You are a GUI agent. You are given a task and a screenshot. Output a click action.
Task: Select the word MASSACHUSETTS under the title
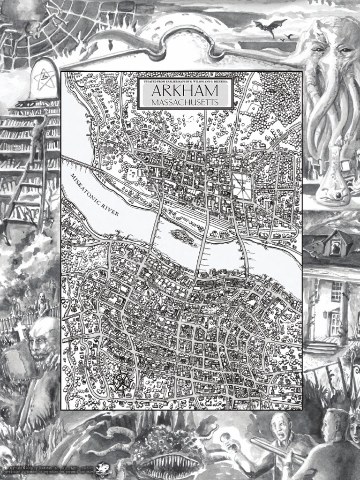185,102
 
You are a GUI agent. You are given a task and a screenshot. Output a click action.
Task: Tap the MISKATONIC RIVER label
94,194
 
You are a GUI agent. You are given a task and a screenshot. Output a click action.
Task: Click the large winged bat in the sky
270,26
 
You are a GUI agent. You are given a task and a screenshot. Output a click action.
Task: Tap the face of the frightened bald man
280,427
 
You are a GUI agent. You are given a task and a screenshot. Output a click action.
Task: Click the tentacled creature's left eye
318,49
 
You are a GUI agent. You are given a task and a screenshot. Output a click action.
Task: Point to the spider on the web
36,29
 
